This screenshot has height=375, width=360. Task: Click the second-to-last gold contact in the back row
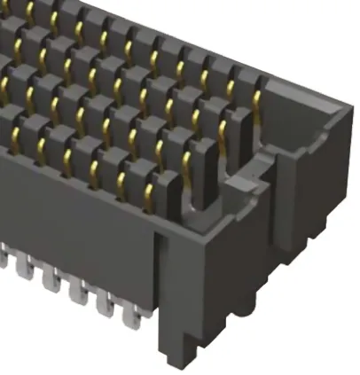[x=233, y=82]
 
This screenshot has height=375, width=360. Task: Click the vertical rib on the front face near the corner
[x=160, y=266]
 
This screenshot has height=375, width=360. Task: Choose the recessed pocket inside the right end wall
[x=306, y=133]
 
